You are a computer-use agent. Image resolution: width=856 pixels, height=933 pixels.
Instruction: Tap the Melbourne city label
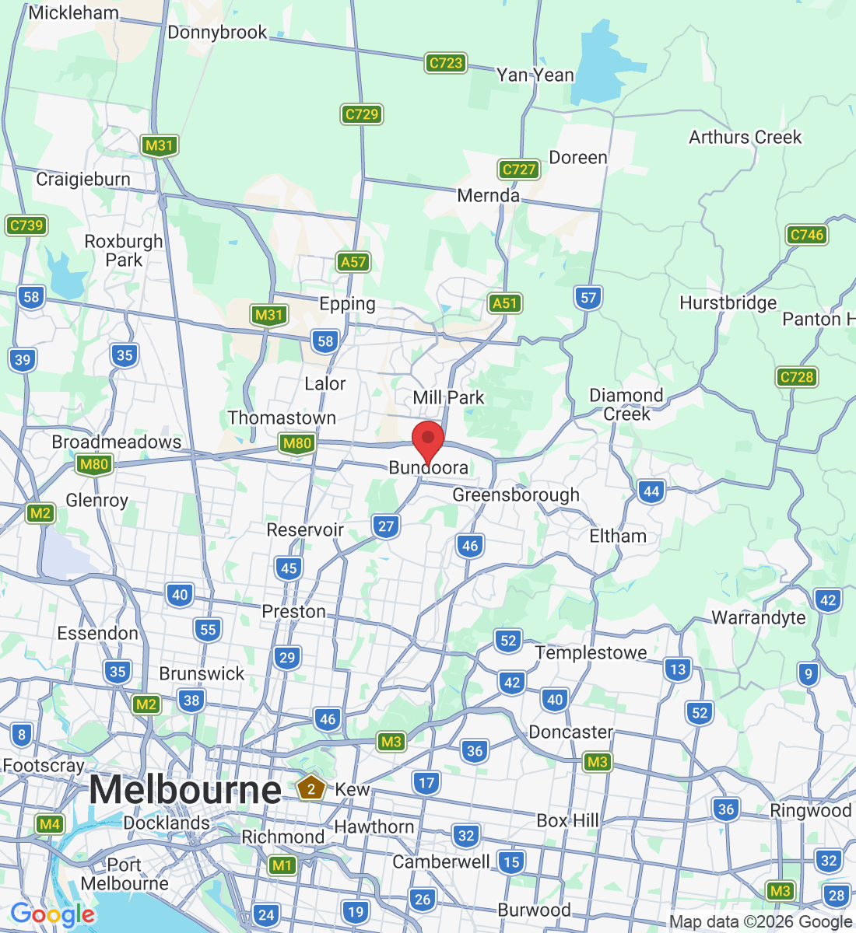[185, 791]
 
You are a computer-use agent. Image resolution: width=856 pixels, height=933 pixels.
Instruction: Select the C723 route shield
[446, 63]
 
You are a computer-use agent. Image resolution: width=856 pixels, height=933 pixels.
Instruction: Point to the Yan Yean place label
[535, 75]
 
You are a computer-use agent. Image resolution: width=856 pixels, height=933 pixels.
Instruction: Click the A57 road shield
[353, 262]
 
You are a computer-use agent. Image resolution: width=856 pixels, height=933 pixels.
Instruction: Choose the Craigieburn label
[83, 180]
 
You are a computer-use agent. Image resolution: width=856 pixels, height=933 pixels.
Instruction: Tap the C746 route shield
[806, 235]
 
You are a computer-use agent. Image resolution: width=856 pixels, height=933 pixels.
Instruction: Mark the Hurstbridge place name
[728, 303]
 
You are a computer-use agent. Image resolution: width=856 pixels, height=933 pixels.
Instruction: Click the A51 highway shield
[505, 303]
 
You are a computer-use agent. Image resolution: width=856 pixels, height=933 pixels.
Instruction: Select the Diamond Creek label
[626, 404]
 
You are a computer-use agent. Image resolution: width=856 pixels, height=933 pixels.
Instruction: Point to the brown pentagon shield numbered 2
[311, 788]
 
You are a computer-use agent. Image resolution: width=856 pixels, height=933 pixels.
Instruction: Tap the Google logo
[52, 915]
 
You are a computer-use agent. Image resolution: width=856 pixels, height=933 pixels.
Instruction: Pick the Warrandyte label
[759, 618]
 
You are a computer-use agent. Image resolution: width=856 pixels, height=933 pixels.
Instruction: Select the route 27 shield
[386, 526]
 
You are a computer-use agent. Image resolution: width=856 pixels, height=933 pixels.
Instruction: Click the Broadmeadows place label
[117, 442]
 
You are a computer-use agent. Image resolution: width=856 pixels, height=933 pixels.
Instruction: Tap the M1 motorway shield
[282, 865]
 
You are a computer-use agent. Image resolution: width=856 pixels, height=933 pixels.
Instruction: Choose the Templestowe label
[591, 653]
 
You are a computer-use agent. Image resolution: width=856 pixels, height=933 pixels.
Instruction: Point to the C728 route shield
[796, 377]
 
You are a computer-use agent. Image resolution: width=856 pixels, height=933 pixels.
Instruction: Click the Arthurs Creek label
[745, 138]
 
